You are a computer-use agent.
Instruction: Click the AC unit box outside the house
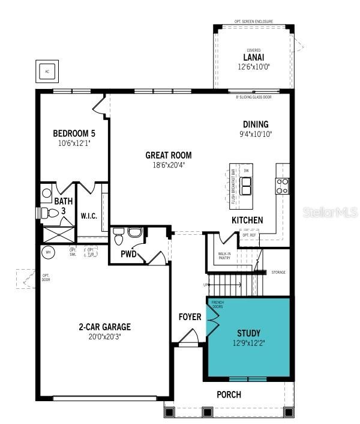click(47, 70)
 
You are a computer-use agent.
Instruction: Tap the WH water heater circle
click(47, 253)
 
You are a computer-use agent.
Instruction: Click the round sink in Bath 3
click(47, 193)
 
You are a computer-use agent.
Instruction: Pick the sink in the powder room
click(134, 232)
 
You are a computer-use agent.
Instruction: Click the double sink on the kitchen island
click(245, 186)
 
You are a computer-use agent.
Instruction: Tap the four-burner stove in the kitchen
click(282, 186)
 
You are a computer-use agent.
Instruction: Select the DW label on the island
click(245, 171)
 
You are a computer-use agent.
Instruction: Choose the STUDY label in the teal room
click(248, 332)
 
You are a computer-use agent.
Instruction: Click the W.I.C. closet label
click(89, 215)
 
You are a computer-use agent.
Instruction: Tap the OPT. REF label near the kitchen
click(249, 235)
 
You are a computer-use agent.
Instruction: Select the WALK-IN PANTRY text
click(225, 256)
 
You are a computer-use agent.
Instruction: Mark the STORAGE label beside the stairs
click(278, 272)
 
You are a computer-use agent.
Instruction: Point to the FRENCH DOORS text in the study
click(217, 305)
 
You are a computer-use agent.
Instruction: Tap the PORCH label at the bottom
click(229, 395)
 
